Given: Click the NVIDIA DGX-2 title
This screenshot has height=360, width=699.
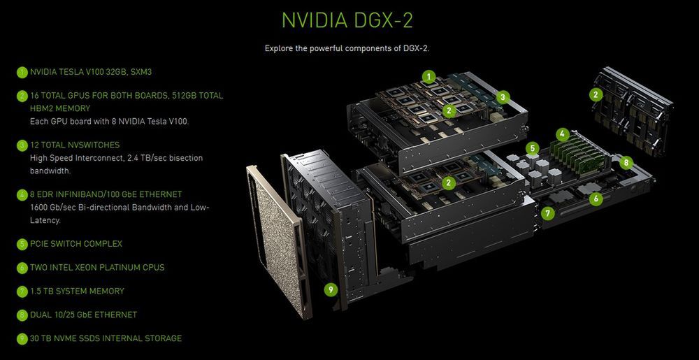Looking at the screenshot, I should click(347, 19).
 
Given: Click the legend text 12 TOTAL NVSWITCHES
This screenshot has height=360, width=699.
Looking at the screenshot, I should click(75, 145).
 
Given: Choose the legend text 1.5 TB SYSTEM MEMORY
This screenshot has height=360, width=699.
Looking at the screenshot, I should click(77, 291).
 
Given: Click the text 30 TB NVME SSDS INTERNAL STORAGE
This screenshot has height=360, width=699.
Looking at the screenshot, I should click(106, 338).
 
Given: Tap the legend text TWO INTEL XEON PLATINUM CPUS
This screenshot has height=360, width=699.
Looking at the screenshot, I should click(97, 268).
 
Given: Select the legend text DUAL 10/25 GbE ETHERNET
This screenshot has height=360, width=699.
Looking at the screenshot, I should click(83, 315).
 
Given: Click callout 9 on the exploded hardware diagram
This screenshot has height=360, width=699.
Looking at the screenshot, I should click(331, 288).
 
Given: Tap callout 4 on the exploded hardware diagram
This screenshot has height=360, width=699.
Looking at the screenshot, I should click(562, 133).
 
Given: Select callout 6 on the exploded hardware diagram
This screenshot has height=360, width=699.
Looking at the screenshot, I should click(596, 199).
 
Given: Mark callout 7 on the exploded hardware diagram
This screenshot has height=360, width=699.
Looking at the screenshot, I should click(549, 213).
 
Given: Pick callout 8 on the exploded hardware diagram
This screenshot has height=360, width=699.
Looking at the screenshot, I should click(626, 162).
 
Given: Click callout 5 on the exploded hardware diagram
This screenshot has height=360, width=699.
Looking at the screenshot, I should click(532, 148).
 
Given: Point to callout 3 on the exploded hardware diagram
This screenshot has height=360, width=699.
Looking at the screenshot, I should click(503, 97).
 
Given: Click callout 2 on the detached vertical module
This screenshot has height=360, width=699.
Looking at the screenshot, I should click(596, 94).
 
